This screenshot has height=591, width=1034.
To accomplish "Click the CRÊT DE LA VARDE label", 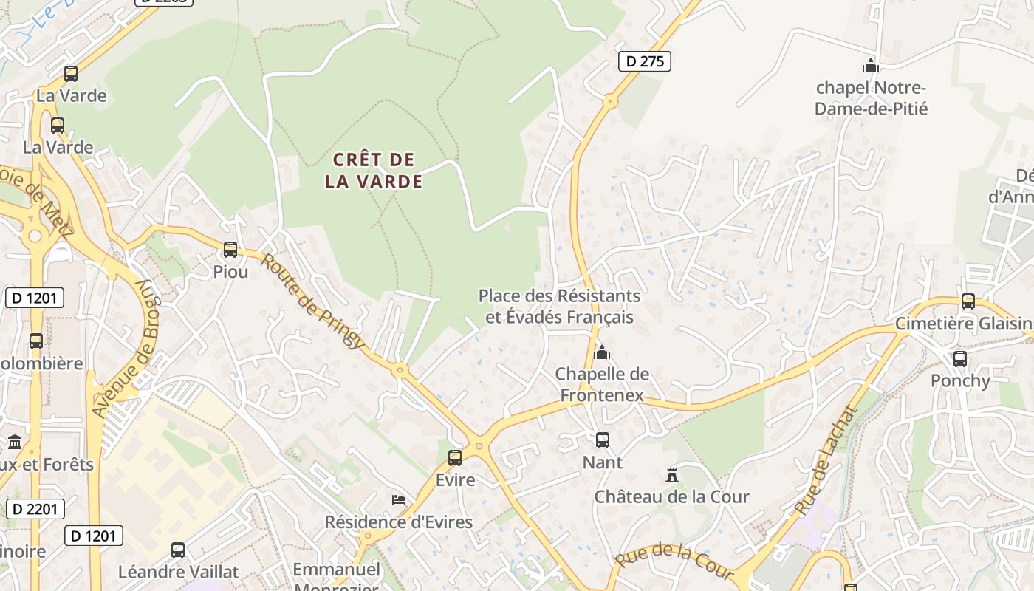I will click(374, 171).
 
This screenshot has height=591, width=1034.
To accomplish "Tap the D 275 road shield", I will click(644, 61).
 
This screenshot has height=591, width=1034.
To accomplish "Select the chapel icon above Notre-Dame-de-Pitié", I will click(871, 66).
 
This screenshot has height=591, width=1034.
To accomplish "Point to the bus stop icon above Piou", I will click(230, 250).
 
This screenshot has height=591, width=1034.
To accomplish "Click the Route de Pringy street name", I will click(312, 301).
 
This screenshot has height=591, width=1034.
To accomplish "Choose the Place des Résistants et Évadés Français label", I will click(559, 307).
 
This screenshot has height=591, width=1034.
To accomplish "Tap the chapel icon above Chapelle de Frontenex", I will click(602, 352).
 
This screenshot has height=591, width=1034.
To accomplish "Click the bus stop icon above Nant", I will click(603, 440).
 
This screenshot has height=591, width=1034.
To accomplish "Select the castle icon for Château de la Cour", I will click(672, 474).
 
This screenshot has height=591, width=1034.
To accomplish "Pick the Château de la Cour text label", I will click(672, 496).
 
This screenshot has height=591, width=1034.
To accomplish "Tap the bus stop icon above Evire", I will click(455, 458).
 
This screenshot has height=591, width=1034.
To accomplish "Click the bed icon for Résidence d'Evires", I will click(399, 500).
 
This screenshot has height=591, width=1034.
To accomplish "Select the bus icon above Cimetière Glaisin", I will click(968, 301).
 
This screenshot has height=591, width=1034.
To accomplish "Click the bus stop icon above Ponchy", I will click(960, 359).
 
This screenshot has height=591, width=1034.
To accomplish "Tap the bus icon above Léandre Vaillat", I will click(178, 550).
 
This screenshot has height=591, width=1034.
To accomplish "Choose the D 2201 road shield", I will click(35, 509).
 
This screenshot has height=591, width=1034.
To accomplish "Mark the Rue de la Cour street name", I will click(674, 561).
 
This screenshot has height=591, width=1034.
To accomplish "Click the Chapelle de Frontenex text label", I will click(602, 385).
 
